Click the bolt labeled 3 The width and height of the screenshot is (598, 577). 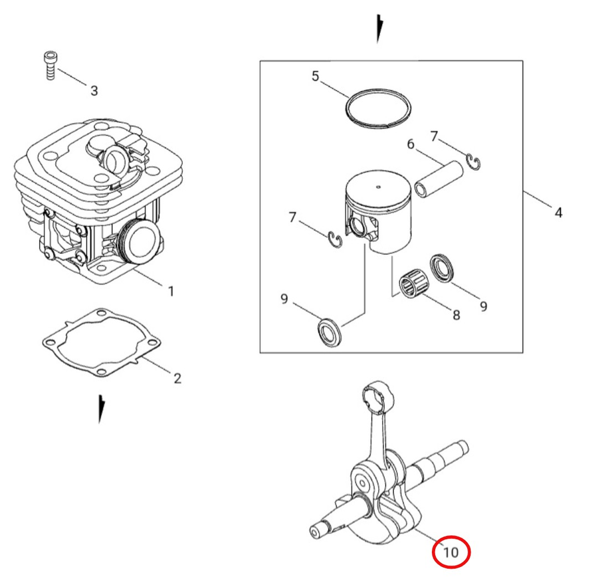(x=50, y=66)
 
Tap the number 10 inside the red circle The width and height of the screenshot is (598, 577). (x=450, y=552)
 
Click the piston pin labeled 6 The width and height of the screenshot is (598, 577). (x=439, y=179)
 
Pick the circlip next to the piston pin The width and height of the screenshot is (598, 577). (x=474, y=162)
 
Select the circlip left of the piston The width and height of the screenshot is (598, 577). (x=335, y=240)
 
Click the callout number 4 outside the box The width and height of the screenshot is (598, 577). (x=558, y=213)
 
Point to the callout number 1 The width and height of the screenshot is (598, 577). (x=171, y=291)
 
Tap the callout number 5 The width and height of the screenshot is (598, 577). (x=315, y=76)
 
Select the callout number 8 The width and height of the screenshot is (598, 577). (x=456, y=315)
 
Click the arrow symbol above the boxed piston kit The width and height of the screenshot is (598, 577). (x=379, y=28)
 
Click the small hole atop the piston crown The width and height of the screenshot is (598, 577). (x=378, y=187)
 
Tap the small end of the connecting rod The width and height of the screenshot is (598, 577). (x=376, y=397)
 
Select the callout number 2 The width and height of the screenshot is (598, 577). (x=177, y=378)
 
